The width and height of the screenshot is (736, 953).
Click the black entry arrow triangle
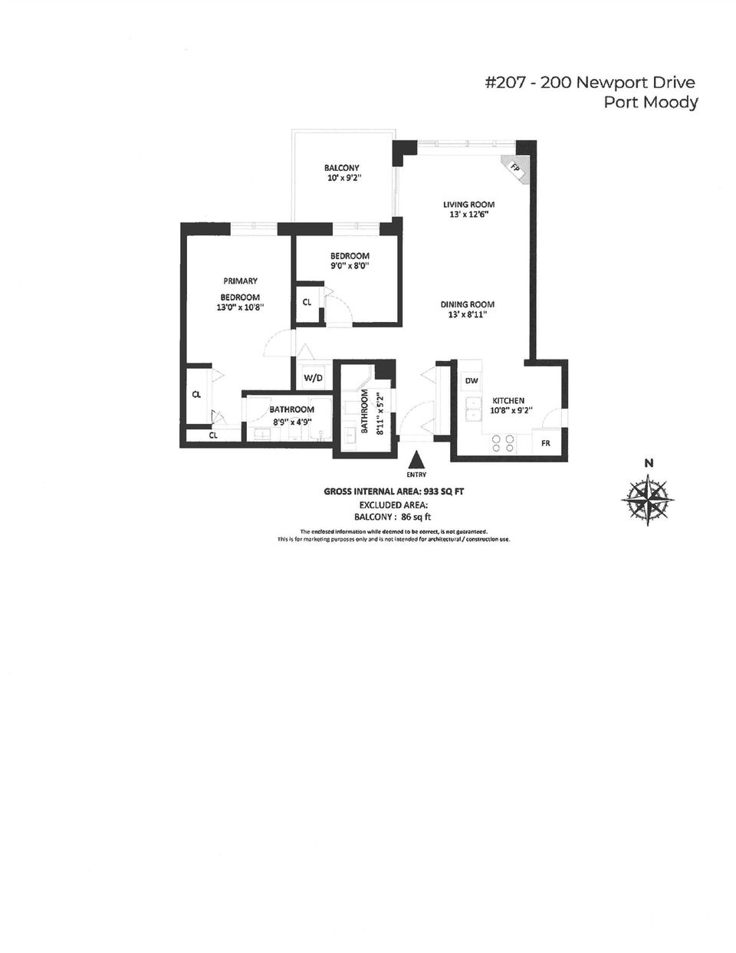[416, 460]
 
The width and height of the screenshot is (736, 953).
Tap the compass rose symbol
[649, 500]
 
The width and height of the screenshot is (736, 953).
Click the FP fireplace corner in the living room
[515, 169]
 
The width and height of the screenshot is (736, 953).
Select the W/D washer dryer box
[313, 377]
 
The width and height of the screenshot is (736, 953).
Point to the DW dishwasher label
[472, 381]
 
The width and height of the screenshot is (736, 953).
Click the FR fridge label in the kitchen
[545, 443]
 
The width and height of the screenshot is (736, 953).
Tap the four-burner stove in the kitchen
[502, 443]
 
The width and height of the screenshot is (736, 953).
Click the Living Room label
[468, 205]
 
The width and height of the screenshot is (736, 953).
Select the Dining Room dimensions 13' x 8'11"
[467, 314]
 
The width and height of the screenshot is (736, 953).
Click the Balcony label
[341, 168]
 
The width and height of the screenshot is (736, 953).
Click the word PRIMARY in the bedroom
[240, 281]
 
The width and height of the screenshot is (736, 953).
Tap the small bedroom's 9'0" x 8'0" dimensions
[350, 266]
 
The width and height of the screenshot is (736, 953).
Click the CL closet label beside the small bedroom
[307, 302]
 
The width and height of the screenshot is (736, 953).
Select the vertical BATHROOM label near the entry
[365, 412]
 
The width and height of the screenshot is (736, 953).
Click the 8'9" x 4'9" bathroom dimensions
[291, 420]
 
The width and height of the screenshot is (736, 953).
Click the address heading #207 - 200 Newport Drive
[590, 83]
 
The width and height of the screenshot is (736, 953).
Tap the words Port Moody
[651, 103]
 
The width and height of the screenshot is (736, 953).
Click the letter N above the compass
[649, 462]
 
